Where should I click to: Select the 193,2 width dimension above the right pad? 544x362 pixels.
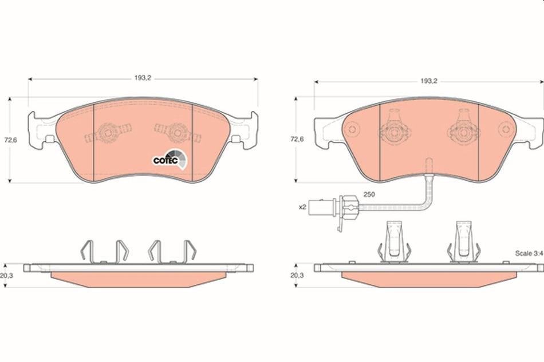[x=428, y=81]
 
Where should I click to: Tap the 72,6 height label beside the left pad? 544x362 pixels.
[x=9, y=139]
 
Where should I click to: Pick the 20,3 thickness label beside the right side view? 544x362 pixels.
[x=296, y=275]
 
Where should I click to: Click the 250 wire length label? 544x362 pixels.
[x=369, y=195]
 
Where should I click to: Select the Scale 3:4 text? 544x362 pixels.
[x=527, y=252]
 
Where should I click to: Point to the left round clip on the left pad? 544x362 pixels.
[x=107, y=134]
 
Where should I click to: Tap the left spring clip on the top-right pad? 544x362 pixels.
[x=393, y=129]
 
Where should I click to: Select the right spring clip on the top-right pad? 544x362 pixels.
[x=462, y=129]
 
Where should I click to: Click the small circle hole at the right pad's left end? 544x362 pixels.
[x=353, y=130]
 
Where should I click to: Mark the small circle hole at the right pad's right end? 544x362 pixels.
[x=505, y=130]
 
